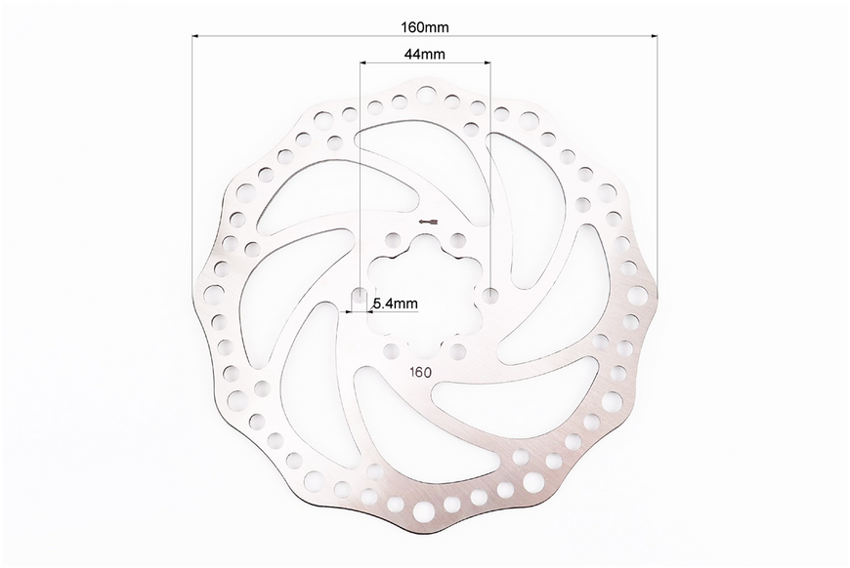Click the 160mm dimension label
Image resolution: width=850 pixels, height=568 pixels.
424,26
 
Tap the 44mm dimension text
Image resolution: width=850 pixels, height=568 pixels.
424,54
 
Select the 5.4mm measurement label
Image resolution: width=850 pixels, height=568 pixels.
396,304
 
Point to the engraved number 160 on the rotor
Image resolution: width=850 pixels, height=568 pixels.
421,373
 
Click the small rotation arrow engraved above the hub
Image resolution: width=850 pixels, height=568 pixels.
428,221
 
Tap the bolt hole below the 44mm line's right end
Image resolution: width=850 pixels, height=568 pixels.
490,295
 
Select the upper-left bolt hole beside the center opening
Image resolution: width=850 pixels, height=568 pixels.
392,239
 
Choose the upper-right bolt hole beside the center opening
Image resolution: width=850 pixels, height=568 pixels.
458,239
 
